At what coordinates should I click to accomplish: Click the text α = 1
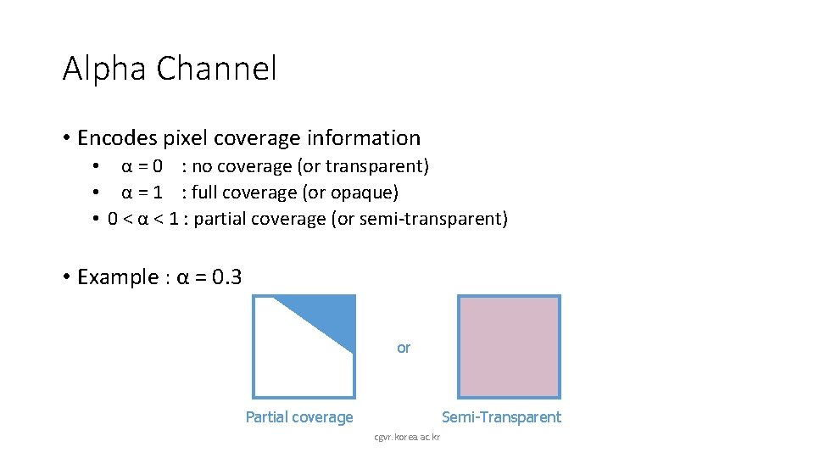[142, 193]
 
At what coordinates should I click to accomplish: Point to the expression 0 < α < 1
[142, 219]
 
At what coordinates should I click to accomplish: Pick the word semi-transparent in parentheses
[431, 219]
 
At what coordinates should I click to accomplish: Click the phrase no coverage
[241, 166]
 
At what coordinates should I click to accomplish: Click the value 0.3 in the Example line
[226, 277]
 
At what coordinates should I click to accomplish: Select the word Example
[118, 277]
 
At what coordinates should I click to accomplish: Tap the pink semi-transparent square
[509, 346]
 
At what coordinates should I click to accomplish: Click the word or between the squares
[404, 348]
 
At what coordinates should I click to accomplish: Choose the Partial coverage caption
[299, 417]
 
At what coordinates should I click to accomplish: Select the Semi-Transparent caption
[501, 417]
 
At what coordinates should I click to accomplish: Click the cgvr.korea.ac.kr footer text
[413, 438]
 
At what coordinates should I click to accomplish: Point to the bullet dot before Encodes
[66, 138]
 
